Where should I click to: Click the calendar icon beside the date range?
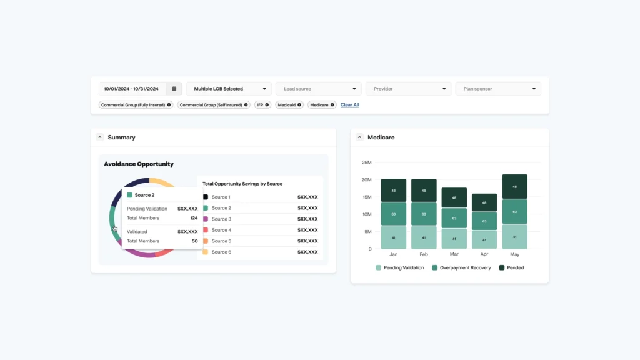coord(174,89)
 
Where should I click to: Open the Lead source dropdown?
coord(318,89)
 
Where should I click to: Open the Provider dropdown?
coord(408,89)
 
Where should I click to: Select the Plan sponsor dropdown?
coord(498,89)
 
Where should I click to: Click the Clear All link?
coord(350,105)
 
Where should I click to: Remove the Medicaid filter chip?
coord(299,105)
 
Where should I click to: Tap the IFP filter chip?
coord(262,105)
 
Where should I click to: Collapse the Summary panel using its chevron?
coord(100,137)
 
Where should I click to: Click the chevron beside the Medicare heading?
coord(359,137)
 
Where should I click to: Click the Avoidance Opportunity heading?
coord(139,164)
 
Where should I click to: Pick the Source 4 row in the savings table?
coord(260,231)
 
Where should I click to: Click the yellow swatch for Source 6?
coord(206,252)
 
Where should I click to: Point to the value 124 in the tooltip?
coord(194,218)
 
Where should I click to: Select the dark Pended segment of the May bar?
coord(514,186)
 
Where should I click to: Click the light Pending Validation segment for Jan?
coord(393,237)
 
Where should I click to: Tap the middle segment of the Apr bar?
coord(484,221)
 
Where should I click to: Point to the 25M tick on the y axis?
coord(366,162)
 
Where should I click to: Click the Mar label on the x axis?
coord(454,254)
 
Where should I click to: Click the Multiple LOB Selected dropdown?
coord(229,89)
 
